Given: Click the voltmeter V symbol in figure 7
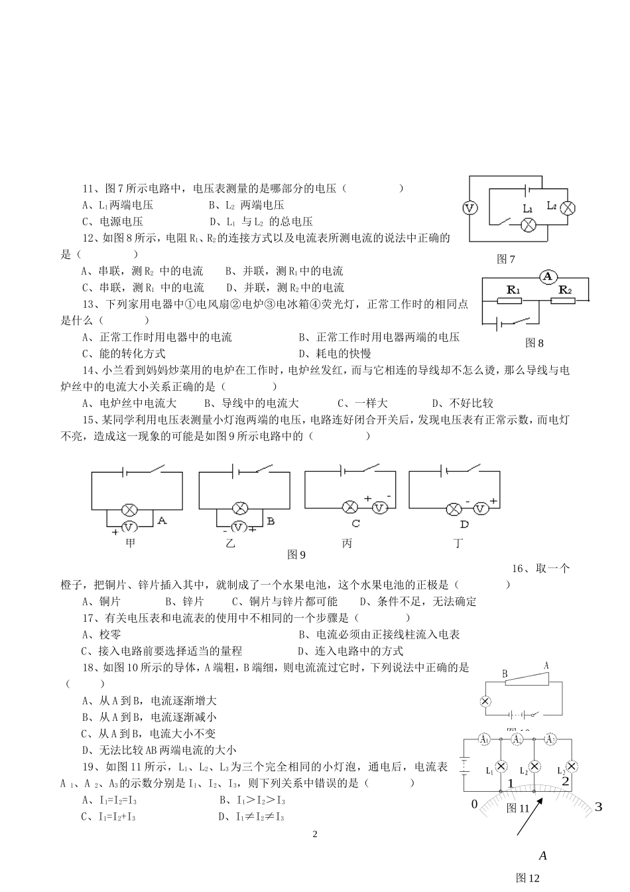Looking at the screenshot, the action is click(x=470, y=208).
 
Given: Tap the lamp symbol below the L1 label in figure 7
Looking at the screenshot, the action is click(x=528, y=226).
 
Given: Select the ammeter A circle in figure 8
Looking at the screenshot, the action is click(x=547, y=277).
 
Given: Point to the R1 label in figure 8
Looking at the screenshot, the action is click(x=514, y=290).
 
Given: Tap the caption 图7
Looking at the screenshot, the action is click(x=506, y=260).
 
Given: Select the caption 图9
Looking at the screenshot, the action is click(x=296, y=554).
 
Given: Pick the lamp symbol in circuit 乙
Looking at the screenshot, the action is click(x=240, y=509).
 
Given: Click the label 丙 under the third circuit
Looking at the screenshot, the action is click(x=347, y=544).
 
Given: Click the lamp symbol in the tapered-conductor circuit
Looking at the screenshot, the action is click(x=485, y=701).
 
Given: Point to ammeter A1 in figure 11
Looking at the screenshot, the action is click(x=483, y=739).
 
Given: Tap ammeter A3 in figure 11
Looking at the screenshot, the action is click(x=550, y=739).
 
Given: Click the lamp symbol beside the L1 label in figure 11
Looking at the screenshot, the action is click(x=502, y=767).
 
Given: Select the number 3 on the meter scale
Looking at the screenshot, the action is click(x=598, y=807).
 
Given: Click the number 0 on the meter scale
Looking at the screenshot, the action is click(x=474, y=804).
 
